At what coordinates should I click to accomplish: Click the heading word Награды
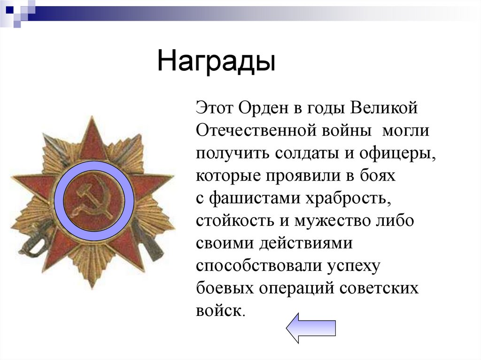coord(216,61)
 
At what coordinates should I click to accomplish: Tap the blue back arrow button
coord(310,327)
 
